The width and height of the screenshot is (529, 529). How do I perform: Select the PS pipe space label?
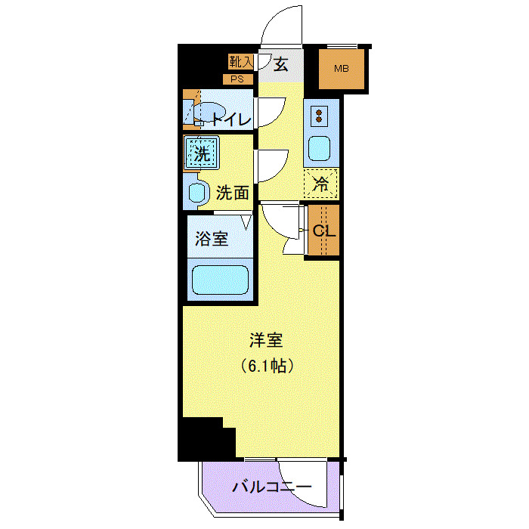237,79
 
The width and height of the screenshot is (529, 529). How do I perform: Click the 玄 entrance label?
280,65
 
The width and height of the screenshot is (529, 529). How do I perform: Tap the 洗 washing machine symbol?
201,154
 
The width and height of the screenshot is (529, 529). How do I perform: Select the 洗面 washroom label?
232,193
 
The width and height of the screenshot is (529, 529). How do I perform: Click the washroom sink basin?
197,193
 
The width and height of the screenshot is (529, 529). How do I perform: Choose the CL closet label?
323,230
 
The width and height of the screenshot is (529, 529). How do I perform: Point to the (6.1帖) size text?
267,367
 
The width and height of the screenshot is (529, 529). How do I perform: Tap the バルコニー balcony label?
271,487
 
